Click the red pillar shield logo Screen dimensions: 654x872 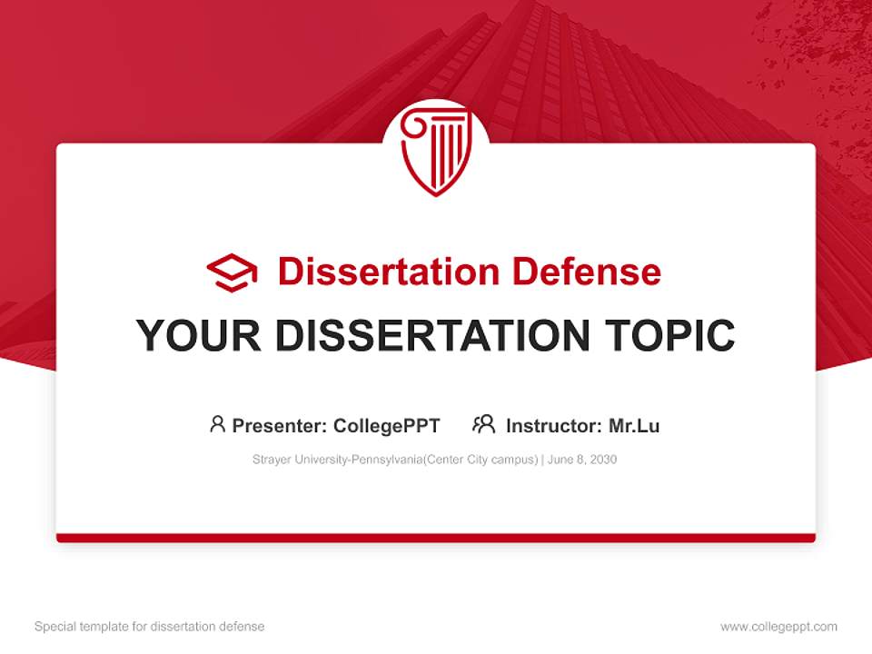tap(436, 151)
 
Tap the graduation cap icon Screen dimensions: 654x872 tap(232, 272)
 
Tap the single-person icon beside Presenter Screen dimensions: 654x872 tap(217, 424)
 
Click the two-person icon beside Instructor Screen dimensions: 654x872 tap(483, 424)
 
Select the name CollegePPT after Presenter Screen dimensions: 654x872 tap(387, 425)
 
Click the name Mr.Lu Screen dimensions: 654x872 tap(634, 425)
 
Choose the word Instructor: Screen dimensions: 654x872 tap(553, 425)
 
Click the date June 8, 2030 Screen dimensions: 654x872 tap(582, 460)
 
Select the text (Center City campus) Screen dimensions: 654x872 tap(479, 460)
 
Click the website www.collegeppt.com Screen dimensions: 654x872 tap(778, 627)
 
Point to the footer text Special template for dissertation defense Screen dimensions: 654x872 tap(149, 627)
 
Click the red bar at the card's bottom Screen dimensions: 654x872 tap(436, 538)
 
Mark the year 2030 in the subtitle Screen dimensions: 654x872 tap(602, 460)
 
